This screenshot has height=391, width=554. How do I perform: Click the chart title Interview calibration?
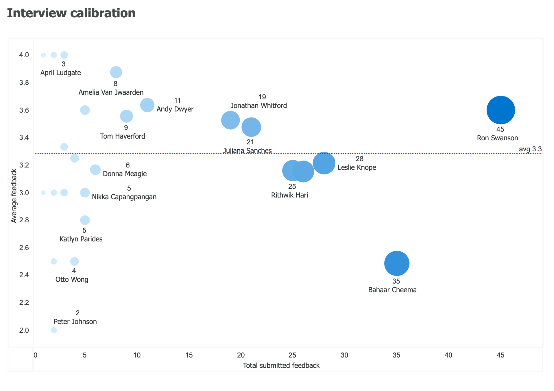71,13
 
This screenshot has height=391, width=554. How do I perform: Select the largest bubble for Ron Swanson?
501,110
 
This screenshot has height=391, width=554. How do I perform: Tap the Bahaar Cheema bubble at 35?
397,263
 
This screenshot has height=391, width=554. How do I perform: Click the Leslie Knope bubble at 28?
324,163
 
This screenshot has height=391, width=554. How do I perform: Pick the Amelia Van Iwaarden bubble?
116,72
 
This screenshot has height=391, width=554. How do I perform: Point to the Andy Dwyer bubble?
147,105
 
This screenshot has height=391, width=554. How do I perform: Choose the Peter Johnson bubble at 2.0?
54,330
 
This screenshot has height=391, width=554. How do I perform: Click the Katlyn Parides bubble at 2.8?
85,220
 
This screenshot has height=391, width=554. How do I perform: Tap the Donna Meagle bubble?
95,170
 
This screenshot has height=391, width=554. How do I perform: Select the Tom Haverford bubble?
126,116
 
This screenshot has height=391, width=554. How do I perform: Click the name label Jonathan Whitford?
258,106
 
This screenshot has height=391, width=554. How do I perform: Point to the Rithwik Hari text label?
289,195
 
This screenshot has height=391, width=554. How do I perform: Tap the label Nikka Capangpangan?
124,197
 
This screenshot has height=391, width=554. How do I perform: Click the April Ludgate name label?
60,73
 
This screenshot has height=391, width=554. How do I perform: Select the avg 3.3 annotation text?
530,149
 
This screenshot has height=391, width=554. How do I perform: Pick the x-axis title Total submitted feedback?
281,366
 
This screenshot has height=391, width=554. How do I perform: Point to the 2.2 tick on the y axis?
24,303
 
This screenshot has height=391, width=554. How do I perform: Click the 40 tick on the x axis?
448,355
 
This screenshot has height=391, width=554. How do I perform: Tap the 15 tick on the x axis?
189,355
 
